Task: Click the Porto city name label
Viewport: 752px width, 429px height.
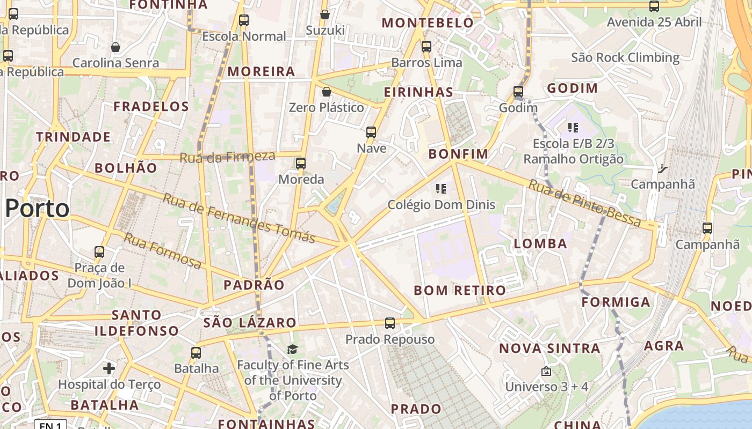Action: click(x=38, y=208)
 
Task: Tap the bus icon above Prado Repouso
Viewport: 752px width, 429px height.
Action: click(x=390, y=323)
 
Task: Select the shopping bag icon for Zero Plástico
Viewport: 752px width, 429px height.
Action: click(x=326, y=92)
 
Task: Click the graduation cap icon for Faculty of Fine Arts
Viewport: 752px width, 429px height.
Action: click(x=292, y=350)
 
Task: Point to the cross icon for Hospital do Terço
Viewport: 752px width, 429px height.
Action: click(x=109, y=368)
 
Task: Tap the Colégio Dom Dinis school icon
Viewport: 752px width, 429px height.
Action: click(x=441, y=189)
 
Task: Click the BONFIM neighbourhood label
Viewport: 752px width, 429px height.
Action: click(x=458, y=154)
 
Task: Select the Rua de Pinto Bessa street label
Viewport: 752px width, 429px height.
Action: click(x=584, y=203)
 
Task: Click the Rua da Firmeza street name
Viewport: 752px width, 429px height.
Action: click(x=227, y=157)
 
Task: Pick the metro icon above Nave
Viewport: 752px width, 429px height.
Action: click(x=371, y=132)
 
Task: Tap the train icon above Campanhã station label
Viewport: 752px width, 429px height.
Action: click(x=662, y=169)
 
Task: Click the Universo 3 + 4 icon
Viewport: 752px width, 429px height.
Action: click(x=546, y=371)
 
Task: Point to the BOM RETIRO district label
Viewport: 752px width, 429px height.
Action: click(x=460, y=291)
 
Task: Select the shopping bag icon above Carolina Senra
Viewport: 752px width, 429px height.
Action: click(x=115, y=48)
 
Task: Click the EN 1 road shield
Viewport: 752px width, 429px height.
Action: click(x=50, y=425)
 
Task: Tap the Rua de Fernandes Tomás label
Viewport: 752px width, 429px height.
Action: click(x=238, y=218)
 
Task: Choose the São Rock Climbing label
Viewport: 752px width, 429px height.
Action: click(x=625, y=57)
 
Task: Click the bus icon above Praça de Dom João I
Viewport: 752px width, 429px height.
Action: click(x=99, y=252)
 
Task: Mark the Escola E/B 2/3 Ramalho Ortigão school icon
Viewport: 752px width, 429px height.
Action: click(x=573, y=128)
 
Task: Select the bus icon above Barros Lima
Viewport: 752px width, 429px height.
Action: click(x=426, y=47)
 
